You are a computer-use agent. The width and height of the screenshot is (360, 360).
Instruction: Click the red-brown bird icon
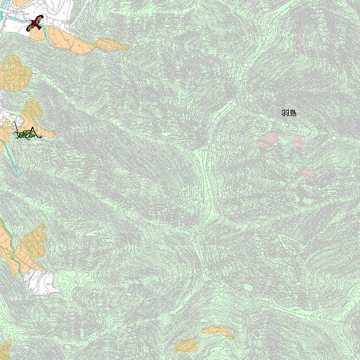pos(34,24)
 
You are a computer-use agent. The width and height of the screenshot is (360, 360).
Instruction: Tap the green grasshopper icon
pos(28,134)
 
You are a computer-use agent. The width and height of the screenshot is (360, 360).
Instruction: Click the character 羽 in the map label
pos(285,112)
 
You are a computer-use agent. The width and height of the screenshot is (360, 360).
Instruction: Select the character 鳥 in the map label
pos(293,112)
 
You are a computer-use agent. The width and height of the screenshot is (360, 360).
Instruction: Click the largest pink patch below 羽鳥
pos(268,139)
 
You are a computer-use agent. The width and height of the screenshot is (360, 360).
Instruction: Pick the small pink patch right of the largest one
pos(298,141)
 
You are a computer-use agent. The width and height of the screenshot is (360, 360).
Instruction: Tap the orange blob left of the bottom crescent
pos(186,345)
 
